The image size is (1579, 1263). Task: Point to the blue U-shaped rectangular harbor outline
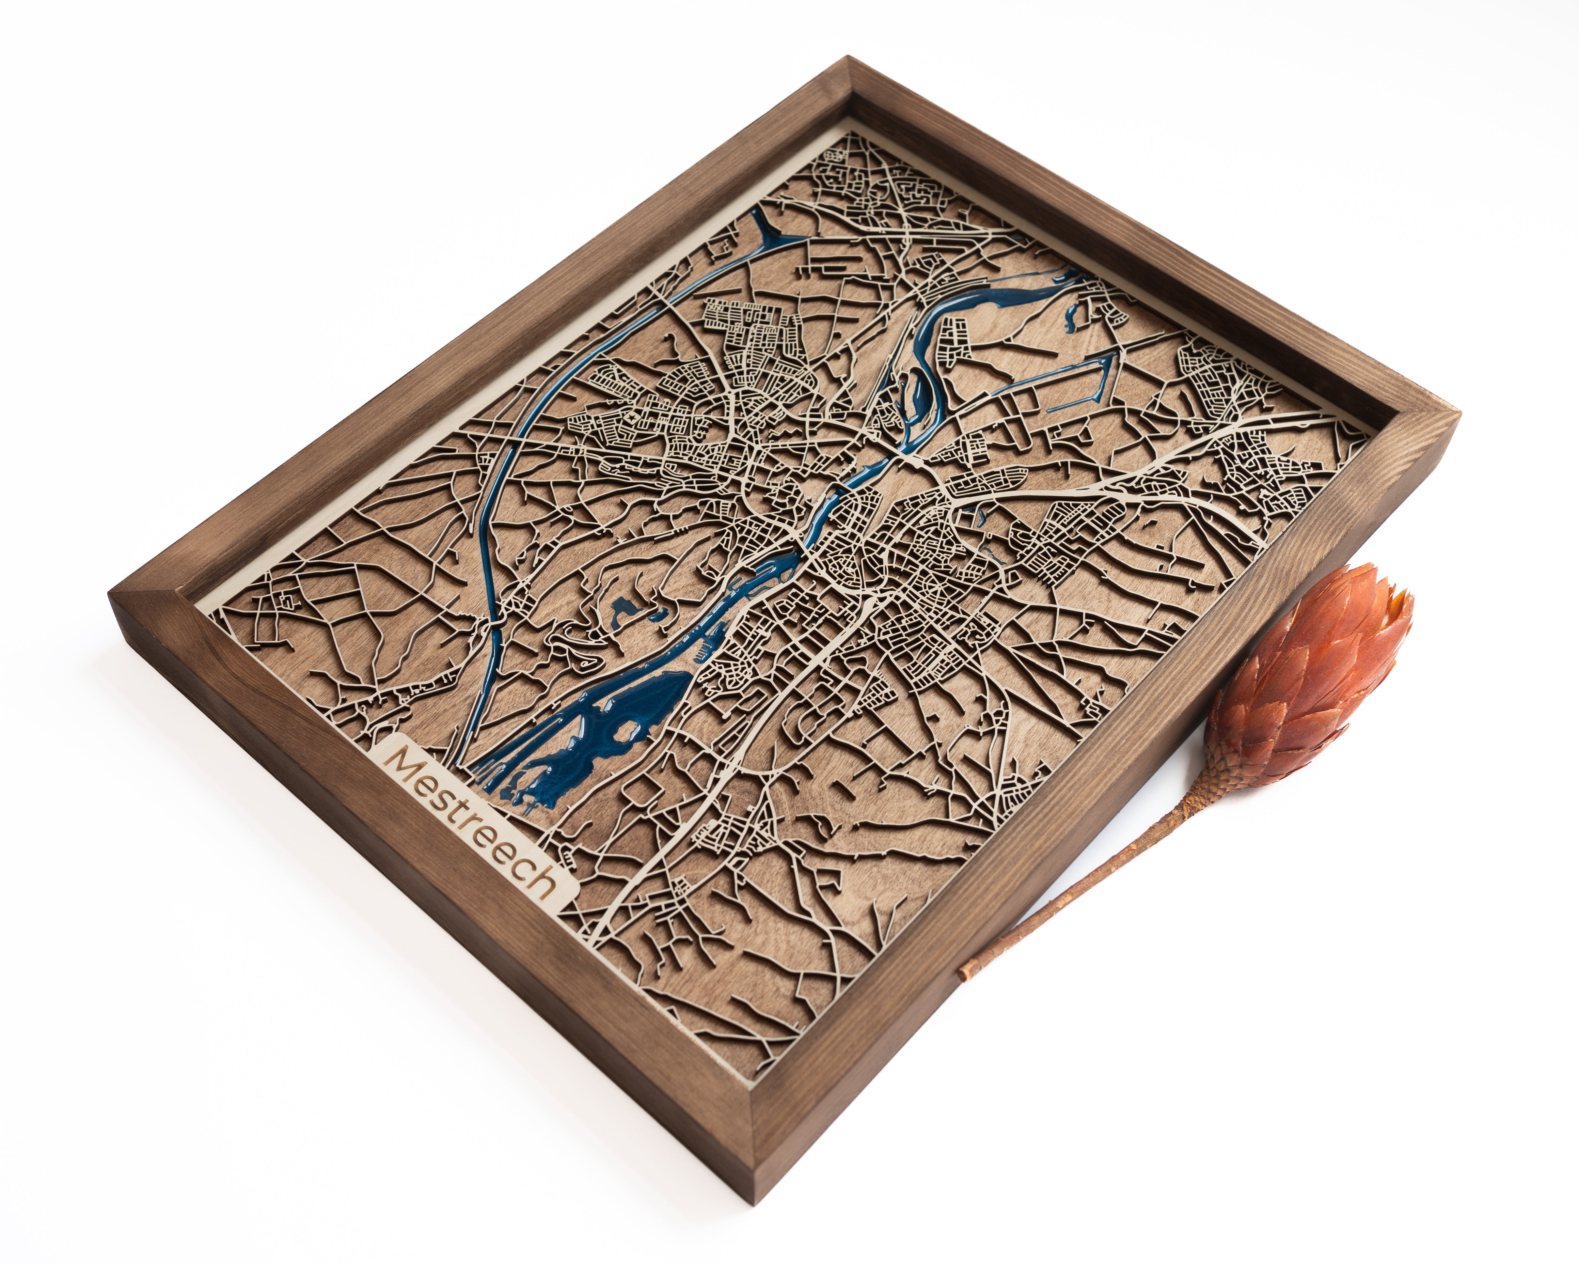[1084, 381]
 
